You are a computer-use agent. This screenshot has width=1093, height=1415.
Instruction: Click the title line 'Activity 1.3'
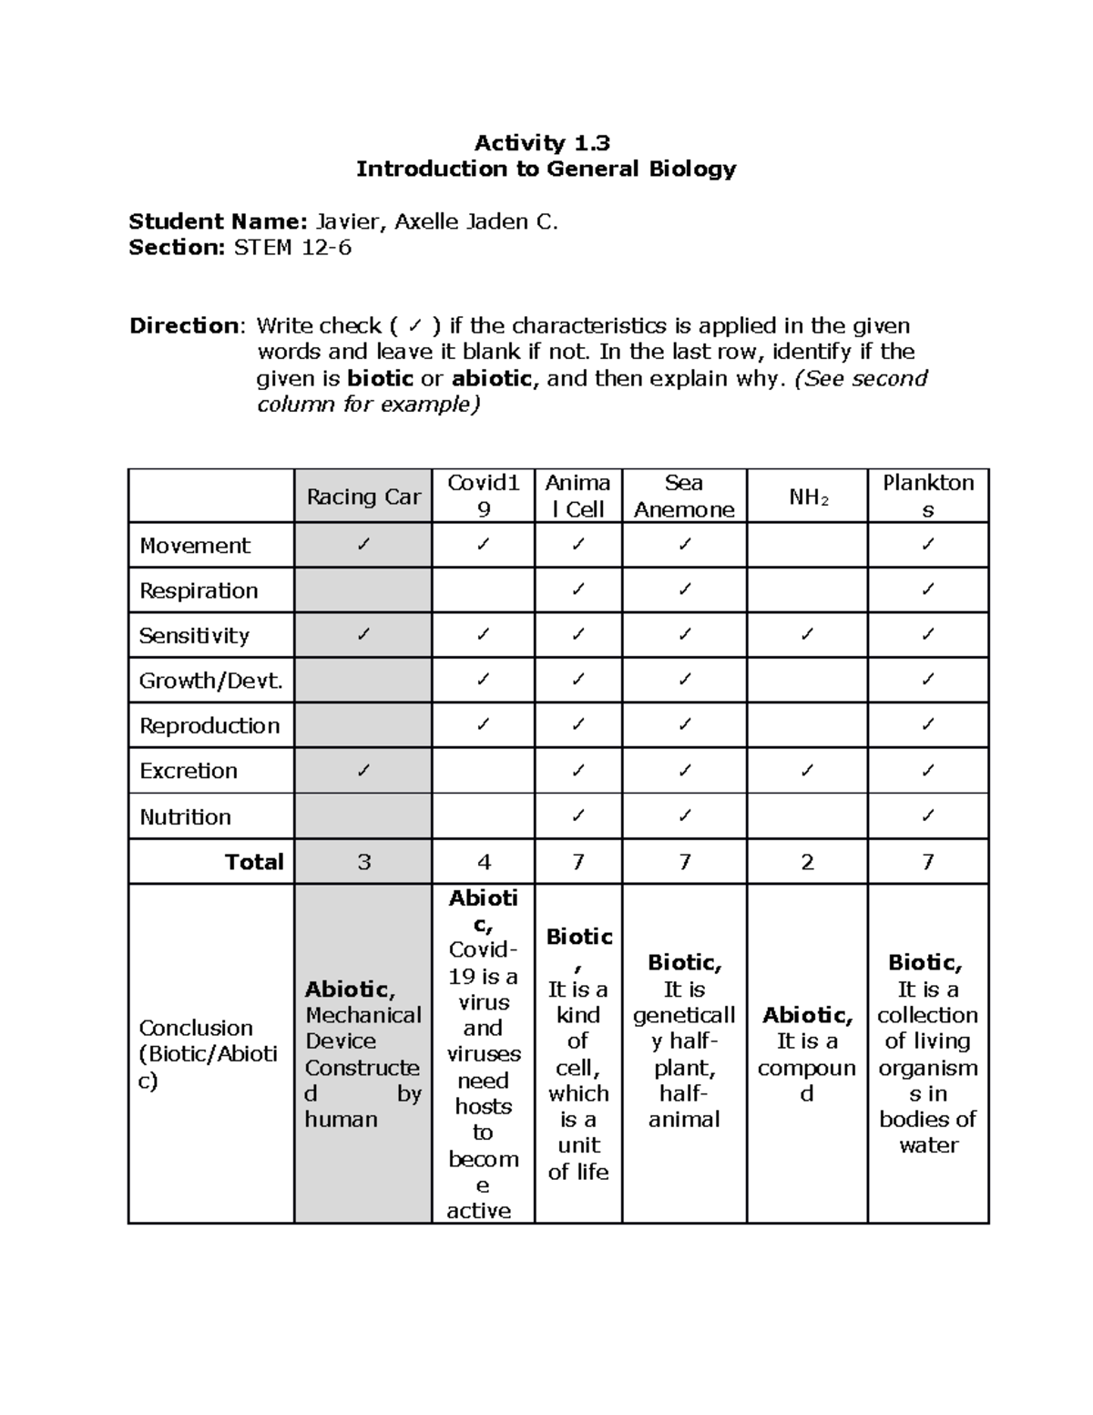coord(542,142)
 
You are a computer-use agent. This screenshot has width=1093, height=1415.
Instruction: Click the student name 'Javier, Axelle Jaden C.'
coord(436,221)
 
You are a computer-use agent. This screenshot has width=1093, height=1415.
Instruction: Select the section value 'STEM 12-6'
coord(292,247)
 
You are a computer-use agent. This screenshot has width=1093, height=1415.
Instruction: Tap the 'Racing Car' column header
coord(363,497)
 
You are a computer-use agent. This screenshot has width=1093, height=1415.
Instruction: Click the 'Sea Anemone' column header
coord(684,496)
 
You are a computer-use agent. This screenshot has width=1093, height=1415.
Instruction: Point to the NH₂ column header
coord(808,497)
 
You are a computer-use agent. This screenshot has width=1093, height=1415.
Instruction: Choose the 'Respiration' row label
coord(199,590)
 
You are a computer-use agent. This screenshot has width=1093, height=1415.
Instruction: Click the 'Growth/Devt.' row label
coord(211,680)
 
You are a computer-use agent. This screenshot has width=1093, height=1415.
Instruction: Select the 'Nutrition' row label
coord(185,816)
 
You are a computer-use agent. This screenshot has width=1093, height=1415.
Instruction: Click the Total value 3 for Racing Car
coord(364,862)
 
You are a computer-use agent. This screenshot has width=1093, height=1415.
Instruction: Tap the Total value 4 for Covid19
coord(484,862)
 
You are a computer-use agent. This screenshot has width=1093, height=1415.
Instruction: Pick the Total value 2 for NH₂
coord(807,862)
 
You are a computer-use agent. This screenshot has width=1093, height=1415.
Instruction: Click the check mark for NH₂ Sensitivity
coord(807,635)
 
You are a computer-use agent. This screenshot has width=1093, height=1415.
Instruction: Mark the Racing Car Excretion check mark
coord(363,771)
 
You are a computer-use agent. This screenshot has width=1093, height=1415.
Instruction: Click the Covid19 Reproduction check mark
coord(483,725)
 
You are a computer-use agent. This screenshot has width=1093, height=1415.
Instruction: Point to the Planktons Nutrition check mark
coord(927,816)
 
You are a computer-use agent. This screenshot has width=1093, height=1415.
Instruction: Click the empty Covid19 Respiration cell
coord(483,590)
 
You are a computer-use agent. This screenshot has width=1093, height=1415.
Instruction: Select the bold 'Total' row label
coord(254,862)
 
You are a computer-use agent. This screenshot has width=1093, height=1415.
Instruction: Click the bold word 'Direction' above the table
coord(185,325)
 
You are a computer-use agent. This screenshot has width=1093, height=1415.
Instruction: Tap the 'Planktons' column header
coord(928,496)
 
